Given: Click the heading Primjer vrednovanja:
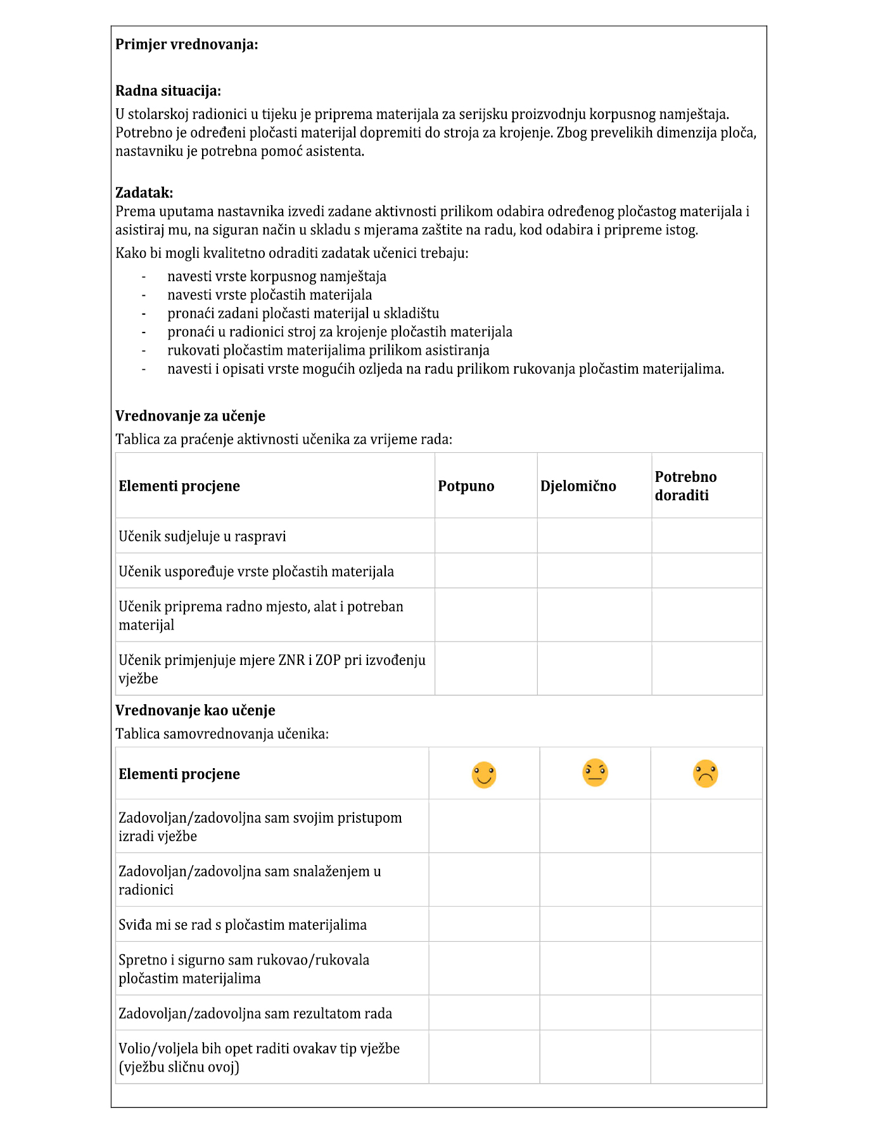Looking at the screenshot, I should click(x=186, y=44).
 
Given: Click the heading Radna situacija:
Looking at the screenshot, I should click(x=168, y=91).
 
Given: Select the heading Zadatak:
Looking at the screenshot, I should click(x=144, y=193).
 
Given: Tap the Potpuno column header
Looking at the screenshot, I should click(x=466, y=486).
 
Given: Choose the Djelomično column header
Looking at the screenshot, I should click(x=578, y=486).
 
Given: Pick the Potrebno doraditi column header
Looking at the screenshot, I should click(x=685, y=486).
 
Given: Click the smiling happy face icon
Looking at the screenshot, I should click(x=484, y=774).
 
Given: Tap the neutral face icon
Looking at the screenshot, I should click(x=595, y=773).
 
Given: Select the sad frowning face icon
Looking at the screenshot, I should click(x=705, y=774).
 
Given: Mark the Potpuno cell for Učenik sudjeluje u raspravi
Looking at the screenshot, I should click(x=486, y=536).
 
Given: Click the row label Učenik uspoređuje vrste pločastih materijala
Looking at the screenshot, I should click(x=256, y=571).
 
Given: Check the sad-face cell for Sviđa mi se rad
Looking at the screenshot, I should click(x=706, y=924).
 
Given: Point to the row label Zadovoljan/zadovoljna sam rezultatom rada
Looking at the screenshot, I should click(x=255, y=1013).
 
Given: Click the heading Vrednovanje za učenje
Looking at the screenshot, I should click(x=190, y=416).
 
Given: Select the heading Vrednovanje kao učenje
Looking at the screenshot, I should click(x=195, y=711).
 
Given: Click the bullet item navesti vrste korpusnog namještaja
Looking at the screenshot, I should click(x=277, y=276).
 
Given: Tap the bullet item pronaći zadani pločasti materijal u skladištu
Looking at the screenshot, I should click(x=303, y=313).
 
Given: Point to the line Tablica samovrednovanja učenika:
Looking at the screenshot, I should click(x=222, y=734).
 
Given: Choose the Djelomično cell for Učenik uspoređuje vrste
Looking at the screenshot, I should click(x=594, y=571).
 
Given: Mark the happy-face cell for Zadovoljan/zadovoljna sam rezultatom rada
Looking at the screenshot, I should click(x=484, y=1013).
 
